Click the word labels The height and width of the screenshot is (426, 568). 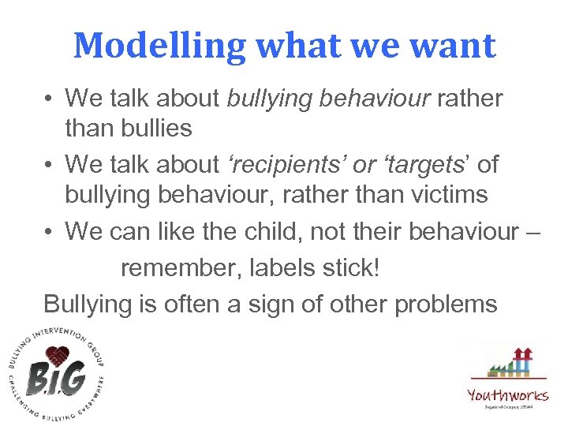coord(275,268)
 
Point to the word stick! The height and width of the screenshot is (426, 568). coord(351,268)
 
